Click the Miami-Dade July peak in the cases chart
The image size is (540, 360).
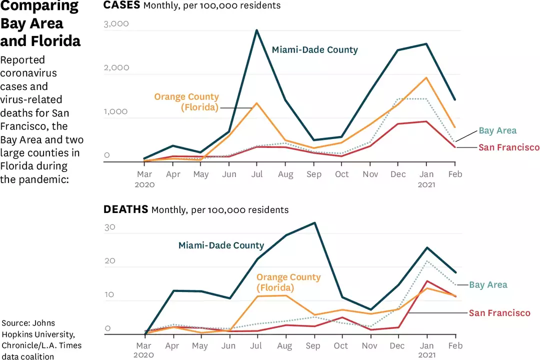tap(256, 30)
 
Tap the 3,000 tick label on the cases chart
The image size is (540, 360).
tap(116, 23)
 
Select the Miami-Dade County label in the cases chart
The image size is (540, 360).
tap(314, 50)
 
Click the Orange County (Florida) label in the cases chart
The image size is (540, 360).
tap(186, 102)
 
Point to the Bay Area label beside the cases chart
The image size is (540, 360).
tap(497, 131)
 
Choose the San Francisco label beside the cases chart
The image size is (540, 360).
tap(509, 147)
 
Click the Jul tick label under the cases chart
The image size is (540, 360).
tap(256, 174)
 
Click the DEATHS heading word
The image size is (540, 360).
tap(125, 209)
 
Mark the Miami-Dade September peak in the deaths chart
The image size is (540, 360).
tap(314, 223)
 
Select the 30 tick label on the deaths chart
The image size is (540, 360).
tap(109, 226)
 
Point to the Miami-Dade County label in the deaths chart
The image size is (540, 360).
tap(221, 245)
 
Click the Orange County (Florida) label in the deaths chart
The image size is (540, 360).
tap(288, 282)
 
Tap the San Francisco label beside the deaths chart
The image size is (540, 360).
tap(499, 313)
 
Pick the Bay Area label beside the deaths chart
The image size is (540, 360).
tap(488, 285)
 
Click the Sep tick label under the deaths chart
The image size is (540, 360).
tap(314, 345)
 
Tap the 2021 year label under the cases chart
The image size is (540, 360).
tap(426, 184)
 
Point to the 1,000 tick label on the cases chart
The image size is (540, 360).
tap(116, 111)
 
